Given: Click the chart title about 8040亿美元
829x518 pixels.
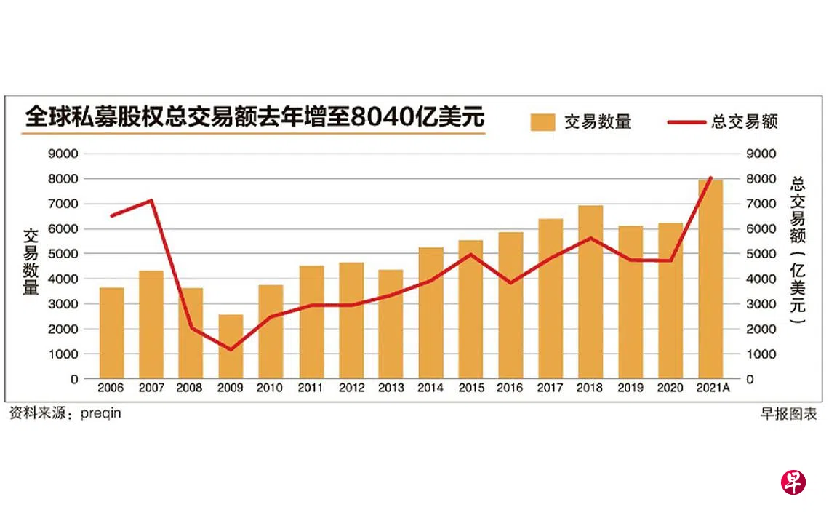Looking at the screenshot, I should [255, 118].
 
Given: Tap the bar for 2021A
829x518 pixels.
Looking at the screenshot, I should [710, 279].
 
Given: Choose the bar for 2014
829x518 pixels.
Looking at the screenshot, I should [430, 313].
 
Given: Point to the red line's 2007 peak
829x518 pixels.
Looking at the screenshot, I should [151, 200].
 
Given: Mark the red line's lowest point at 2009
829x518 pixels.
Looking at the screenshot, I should [231, 350].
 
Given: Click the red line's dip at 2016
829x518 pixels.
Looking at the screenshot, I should [510, 282].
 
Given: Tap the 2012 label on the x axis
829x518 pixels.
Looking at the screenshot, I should [351, 388].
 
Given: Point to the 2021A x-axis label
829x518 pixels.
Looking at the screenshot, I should [711, 388].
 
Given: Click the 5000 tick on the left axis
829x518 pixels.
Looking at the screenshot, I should [64, 254].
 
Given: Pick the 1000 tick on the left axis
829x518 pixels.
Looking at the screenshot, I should [64, 354].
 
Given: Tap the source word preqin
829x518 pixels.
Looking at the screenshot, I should [101, 414].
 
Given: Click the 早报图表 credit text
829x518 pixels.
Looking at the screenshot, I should [788, 414].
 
